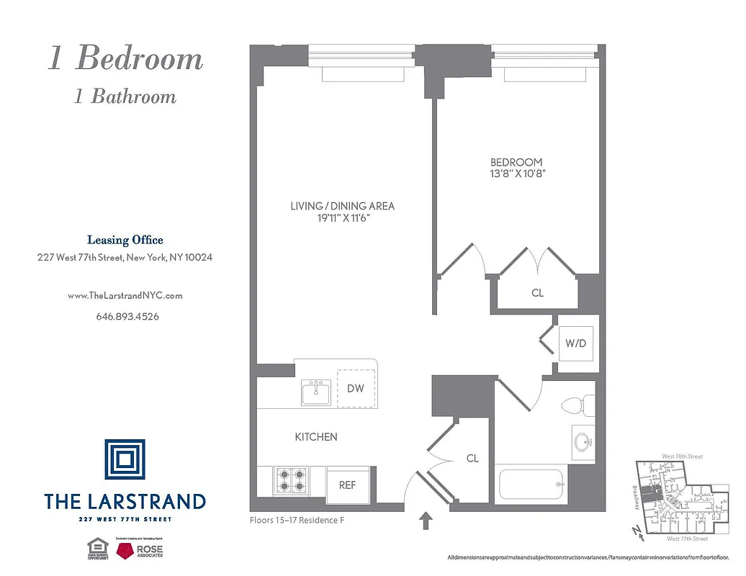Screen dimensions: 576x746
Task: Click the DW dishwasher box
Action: point(355,389)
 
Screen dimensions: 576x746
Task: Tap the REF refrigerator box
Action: point(347,485)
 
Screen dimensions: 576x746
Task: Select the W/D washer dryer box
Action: point(575,344)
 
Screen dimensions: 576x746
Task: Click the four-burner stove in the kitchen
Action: point(292,480)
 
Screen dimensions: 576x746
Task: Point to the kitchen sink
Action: point(316,394)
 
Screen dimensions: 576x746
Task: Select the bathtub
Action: point(531,485)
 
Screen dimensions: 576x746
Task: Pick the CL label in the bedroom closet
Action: point(537,294)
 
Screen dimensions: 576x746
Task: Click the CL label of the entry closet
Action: point(472,458)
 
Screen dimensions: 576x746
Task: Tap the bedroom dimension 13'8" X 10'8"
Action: point(516,174)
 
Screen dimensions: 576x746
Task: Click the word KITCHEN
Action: point(316,437)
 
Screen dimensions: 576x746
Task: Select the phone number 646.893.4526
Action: point(125,316)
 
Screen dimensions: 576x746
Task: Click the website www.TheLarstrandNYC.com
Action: point(125,295)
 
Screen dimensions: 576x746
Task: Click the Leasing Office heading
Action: point(125,240)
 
